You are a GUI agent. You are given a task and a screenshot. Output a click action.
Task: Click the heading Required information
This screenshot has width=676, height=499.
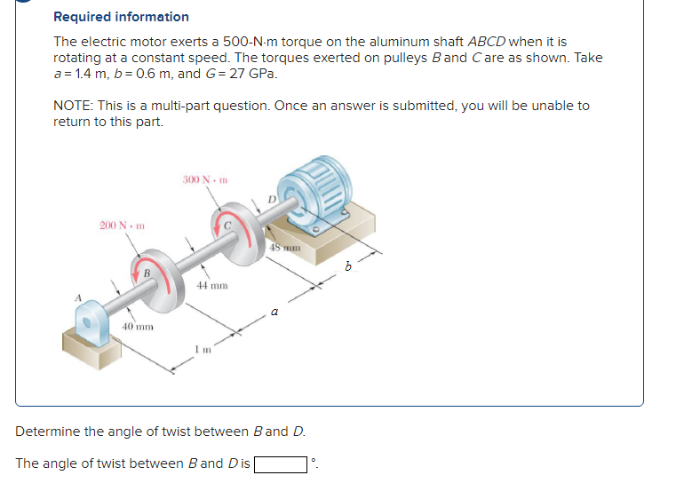[121, 17]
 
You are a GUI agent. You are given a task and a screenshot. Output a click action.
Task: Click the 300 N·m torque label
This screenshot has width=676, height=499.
[205, 180]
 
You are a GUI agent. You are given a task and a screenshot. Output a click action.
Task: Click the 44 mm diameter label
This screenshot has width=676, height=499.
[212, 286]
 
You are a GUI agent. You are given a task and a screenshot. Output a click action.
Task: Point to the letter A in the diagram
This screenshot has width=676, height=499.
[78, 297]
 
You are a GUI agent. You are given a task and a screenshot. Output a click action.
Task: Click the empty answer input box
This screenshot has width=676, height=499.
[282, 463]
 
